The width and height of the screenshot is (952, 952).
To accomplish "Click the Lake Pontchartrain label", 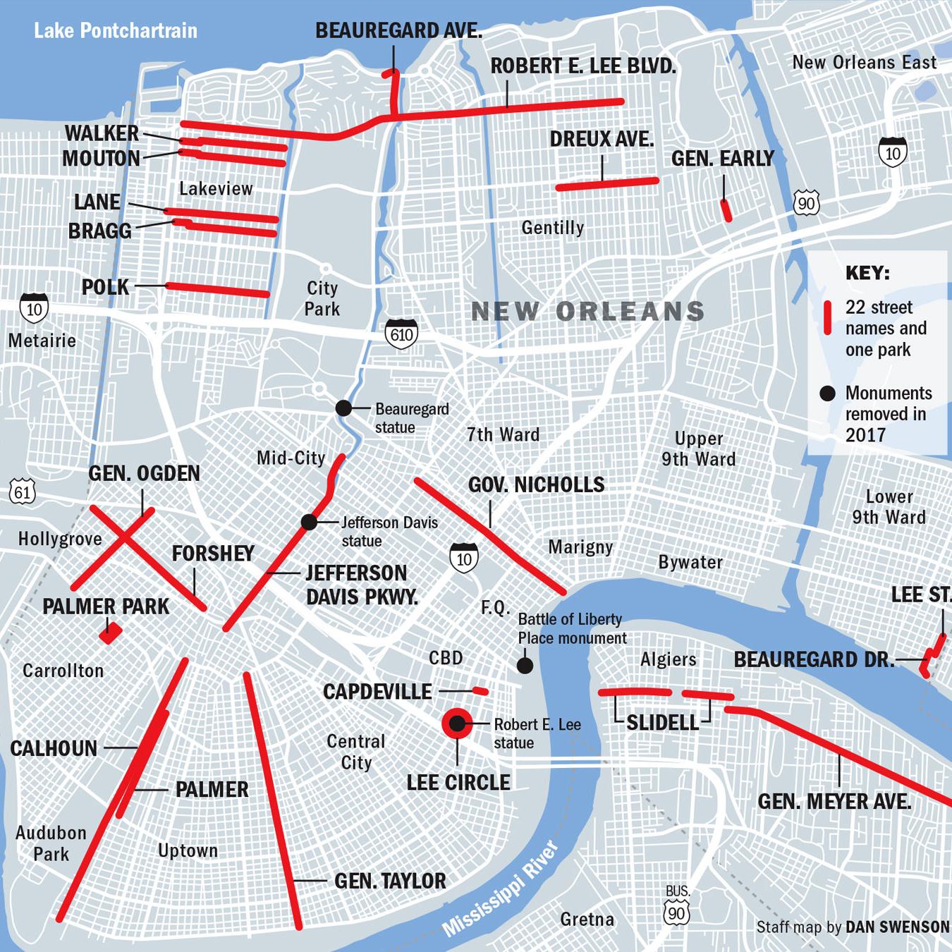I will coord(116,31).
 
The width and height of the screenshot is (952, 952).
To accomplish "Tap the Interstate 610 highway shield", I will coord(401,334).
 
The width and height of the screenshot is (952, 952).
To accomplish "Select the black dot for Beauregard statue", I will coord(343,408).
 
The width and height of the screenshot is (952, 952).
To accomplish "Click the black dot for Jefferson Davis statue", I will coord(309,522).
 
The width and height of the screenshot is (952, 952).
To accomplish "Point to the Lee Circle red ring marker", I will coord(457,723).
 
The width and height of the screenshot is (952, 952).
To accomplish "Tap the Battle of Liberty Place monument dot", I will coord(525,665).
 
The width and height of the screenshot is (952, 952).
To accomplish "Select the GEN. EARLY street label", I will coord(722,159).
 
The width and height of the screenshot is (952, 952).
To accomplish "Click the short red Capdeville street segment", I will coord(480,691).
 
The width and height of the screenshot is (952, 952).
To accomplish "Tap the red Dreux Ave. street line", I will coord(606,184).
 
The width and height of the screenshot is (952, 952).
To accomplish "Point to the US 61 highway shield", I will coord(23,491).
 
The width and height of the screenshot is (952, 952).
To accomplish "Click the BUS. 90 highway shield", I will coord(677,913).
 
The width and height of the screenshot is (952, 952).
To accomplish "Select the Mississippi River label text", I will coord(501,889).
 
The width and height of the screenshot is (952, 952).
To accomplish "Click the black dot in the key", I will coord(828,393).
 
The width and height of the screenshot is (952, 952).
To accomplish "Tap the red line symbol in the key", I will coord(828,317).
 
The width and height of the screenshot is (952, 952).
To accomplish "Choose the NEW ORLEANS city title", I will coord(587,311).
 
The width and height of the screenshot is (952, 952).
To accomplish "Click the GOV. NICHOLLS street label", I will coord(536,485).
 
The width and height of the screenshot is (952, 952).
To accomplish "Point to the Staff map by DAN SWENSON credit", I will coord(853,927).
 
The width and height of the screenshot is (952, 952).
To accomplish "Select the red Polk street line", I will coord(218,290).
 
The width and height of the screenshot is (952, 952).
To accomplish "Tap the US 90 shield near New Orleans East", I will coord(806,204).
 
